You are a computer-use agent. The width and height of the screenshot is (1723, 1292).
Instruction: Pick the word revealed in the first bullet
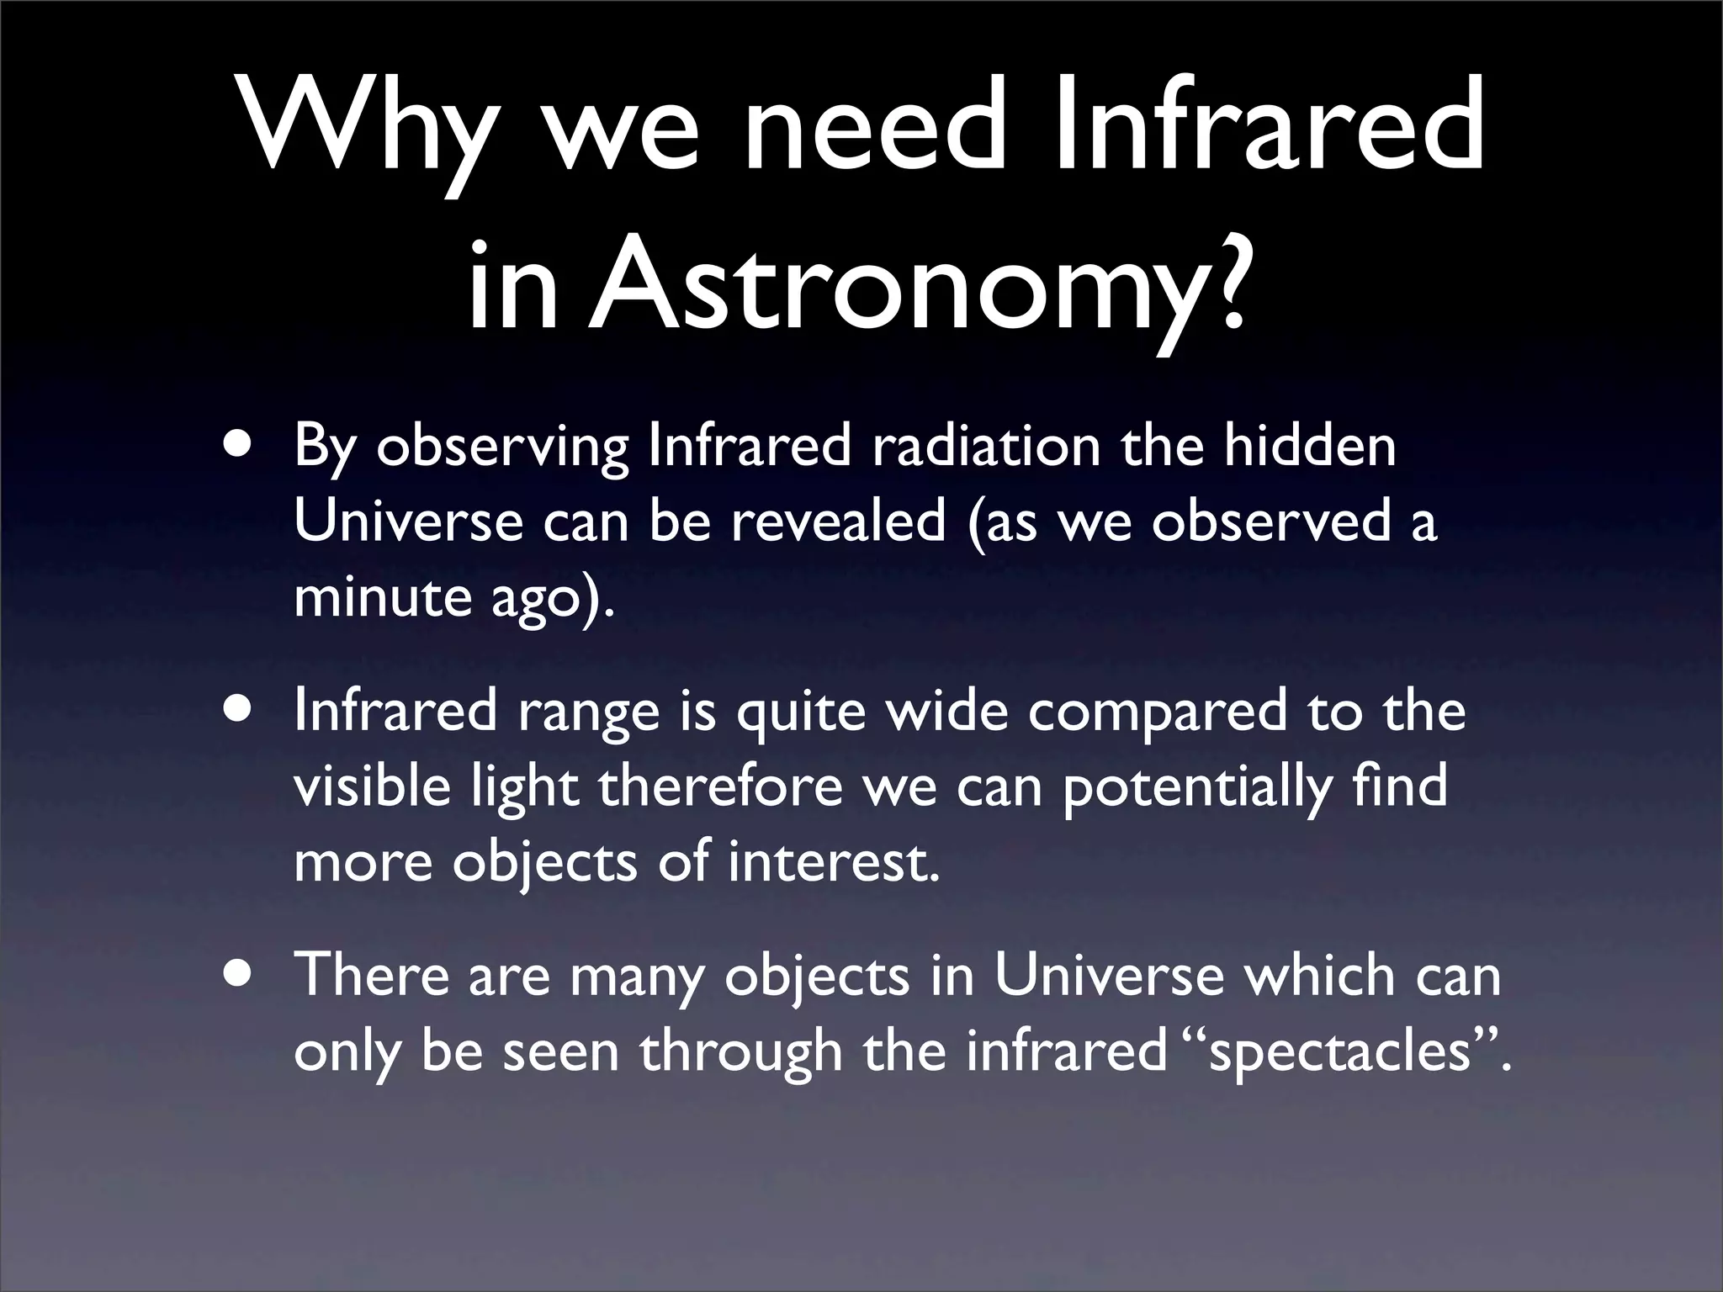(x=838, y=522)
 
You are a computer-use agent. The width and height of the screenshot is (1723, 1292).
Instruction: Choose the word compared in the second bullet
(x=1158, y=712)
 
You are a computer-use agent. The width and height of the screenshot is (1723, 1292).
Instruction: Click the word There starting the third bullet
(x=371, y=976)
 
